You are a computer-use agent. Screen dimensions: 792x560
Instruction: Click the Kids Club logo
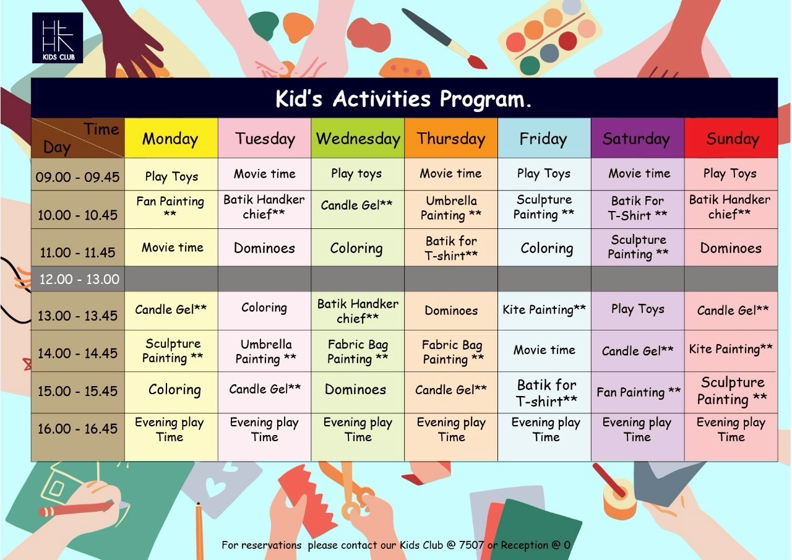coord(58,38)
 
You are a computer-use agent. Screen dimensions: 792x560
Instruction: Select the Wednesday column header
coord(358,138)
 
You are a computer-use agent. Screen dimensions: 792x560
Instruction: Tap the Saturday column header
coord(637,138)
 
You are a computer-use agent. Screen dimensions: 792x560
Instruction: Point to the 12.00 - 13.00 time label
coord(79,279)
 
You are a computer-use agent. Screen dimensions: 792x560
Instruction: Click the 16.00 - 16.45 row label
coord(77,429)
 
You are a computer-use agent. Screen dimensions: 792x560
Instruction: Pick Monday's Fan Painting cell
coord(171,209)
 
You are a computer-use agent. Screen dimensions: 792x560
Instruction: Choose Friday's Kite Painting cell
coord(544,310)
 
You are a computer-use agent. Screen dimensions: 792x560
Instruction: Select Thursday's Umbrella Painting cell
coord(451,209)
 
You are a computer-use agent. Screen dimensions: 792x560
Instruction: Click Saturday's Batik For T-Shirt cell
coord(638,209)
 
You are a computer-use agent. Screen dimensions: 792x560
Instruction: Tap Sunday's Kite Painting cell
coord(731,350)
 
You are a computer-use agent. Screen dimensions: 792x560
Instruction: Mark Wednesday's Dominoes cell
coord(358,391)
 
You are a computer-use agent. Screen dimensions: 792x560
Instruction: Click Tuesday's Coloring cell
coord(264,310)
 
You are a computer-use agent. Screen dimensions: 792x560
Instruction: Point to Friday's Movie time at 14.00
coord(544,350)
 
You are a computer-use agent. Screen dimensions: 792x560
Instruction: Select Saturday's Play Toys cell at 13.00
coord(638,310)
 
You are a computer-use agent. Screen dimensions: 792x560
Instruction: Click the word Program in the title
coord(485,100)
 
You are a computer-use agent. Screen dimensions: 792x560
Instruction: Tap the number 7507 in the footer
coord(471,545)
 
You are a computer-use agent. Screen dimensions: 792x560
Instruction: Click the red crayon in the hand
coord(76,509)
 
